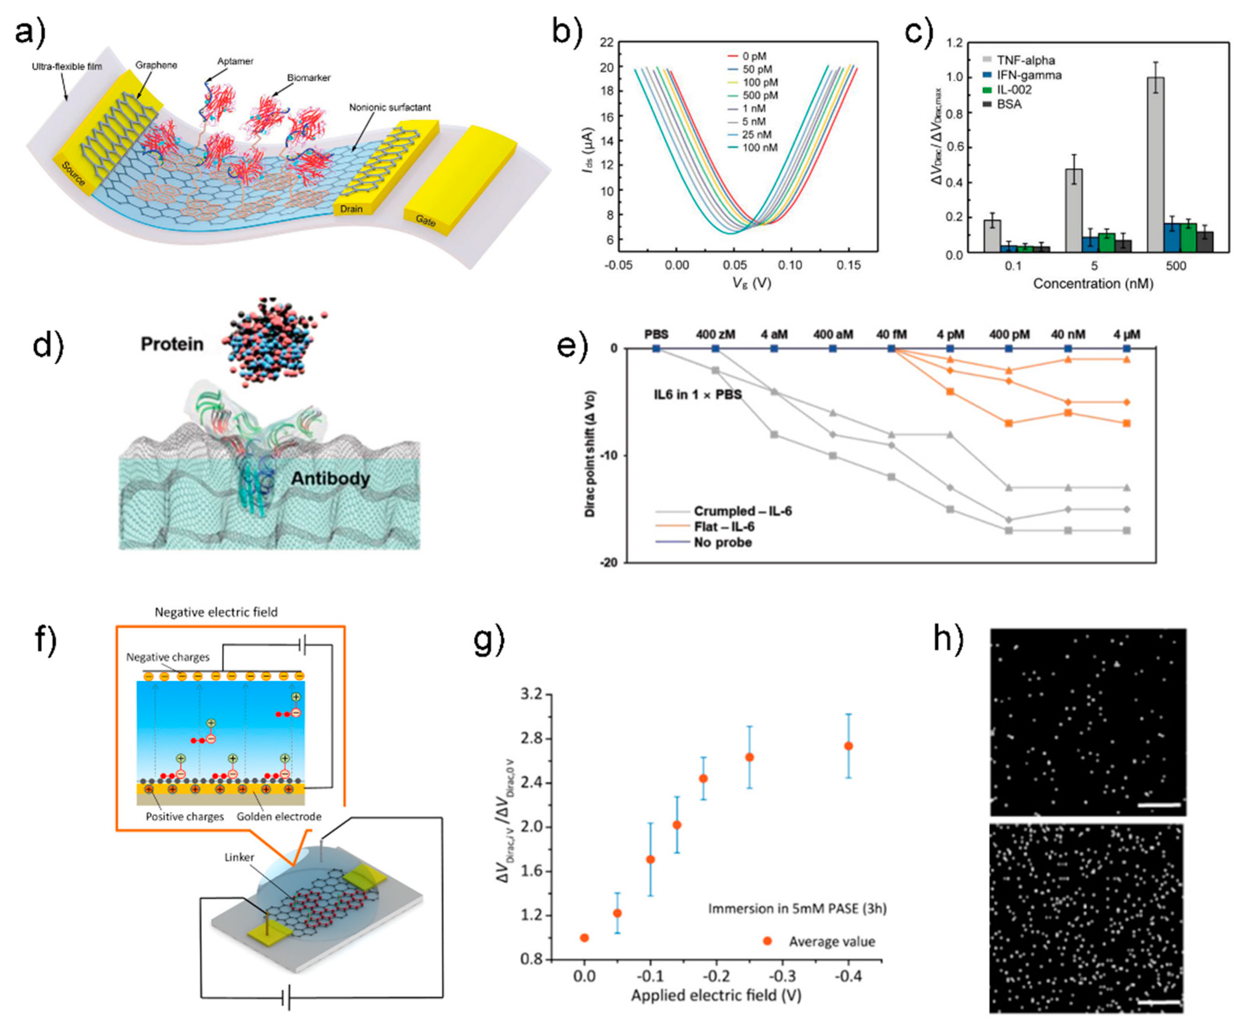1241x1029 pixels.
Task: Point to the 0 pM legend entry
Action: (x=753, y=56)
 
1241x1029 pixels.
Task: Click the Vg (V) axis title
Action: (x=752, y=284)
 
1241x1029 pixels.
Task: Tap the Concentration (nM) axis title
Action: (x=1093, y=284)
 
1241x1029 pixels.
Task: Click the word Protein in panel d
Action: (x=172, y=344)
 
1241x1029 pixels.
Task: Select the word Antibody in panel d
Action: (x=330, y=478)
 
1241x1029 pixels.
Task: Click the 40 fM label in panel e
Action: (x=891, y=335)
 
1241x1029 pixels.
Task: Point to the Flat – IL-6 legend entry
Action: (x=724, y=526)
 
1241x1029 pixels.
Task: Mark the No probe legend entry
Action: (x=722, y=542)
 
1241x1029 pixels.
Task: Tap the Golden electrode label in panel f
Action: (x=279, y=817)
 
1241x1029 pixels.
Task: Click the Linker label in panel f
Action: (x=239, y=857)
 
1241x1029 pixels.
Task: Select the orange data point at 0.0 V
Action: (x=585, y=938)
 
